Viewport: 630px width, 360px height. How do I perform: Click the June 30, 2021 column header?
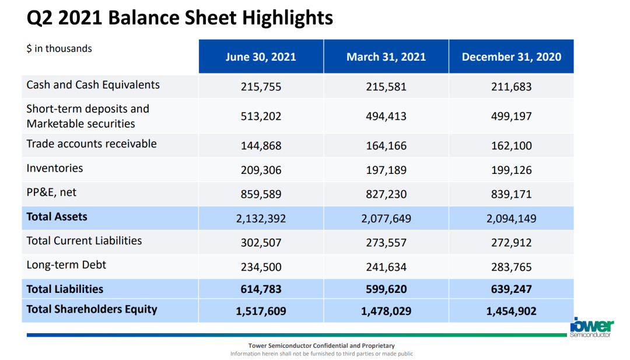261,57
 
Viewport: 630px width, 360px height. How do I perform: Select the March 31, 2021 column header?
386,57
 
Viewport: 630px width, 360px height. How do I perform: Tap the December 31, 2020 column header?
512,57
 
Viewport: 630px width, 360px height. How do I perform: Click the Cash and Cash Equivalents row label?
93,85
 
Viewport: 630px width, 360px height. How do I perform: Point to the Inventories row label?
55,168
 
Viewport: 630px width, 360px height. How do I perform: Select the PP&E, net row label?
51,193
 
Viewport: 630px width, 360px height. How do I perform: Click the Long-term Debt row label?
66,265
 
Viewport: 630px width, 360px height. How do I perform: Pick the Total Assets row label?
57,216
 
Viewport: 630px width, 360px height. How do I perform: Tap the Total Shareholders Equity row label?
92,309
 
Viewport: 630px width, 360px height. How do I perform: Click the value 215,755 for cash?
261,87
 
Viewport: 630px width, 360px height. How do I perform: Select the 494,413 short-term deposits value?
386,116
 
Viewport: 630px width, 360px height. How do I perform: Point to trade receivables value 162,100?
512,145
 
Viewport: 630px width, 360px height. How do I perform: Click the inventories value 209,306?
261,170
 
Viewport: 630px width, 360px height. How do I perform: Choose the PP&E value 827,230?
386,194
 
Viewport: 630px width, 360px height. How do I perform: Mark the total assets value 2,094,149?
512,219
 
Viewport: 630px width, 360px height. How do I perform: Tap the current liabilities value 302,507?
261,243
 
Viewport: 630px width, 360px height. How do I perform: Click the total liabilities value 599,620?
386,289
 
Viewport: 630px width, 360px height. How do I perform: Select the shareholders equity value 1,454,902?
512,311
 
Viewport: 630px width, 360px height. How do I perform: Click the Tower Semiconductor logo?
591,327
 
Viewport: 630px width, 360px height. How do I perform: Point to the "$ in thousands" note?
59,48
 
